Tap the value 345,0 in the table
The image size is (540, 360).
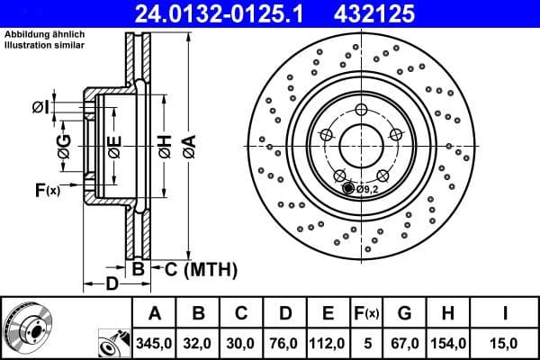pos(154,342)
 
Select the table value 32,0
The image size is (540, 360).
pos(198,342)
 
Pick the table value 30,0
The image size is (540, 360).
pos(241,342)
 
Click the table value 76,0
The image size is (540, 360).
pos(284,342)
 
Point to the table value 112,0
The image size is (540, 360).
pos(328,342)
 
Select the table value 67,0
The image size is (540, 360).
pos(404,342)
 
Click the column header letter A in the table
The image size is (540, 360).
pos(154,313)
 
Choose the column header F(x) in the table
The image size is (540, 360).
pos(367,313)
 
